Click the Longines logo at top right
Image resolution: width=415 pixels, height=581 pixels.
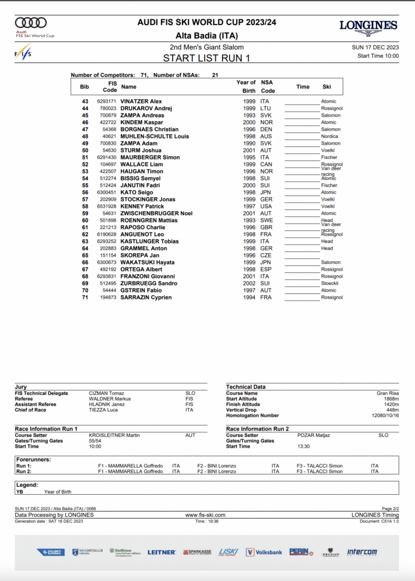368,26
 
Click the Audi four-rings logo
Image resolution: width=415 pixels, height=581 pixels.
31,23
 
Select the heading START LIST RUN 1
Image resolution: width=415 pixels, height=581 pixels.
206,58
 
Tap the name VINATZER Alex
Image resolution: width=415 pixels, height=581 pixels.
141,102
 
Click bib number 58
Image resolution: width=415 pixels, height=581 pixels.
85,207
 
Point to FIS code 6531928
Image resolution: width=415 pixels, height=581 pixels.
107,207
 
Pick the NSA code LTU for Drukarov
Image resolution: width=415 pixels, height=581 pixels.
266,108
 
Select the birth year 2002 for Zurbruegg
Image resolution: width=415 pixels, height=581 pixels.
249,283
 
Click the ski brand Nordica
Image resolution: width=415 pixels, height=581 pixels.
329,136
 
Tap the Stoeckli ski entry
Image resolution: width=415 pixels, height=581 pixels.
330,283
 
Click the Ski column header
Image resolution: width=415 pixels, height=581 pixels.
327,87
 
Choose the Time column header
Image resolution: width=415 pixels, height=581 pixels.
303,87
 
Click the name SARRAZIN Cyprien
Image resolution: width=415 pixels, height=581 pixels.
146,297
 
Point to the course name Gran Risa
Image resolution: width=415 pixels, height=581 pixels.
387,393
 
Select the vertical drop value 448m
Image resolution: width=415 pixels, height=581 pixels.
392,410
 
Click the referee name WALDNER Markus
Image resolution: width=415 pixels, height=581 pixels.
105,399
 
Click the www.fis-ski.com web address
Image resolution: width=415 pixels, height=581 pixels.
205,515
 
